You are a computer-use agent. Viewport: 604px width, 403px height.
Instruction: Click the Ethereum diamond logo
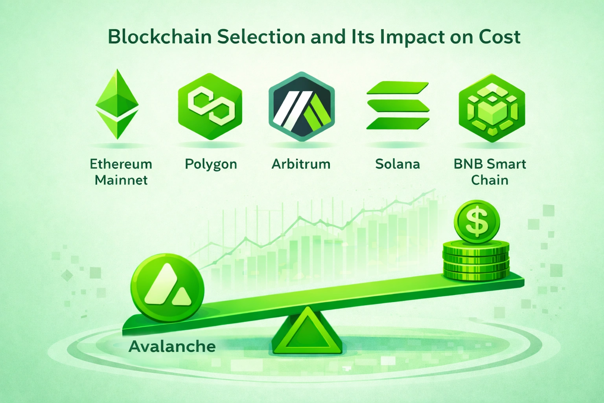click(x=117, y=104)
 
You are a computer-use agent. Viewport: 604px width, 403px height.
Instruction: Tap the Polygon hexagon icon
click(x=210, y=106)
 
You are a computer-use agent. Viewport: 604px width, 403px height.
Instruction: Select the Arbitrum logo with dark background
click(x=301, y=107)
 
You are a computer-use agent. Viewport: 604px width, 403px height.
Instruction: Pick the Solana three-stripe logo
click(x=398, y=105)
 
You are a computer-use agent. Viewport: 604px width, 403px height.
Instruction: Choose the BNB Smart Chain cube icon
click(x=492, y=108)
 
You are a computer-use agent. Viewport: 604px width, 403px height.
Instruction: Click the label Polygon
click(x=211, y=164)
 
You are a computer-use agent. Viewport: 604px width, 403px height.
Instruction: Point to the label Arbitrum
click(x=301, y=164)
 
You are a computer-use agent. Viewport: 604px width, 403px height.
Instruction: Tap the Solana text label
click(x=397, y=164)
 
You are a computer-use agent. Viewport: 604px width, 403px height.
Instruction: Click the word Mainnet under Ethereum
click(x=121, y=180)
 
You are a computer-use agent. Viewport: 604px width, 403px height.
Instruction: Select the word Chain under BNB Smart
click(x=490, y=180)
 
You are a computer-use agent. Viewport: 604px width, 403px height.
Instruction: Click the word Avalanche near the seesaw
click(x=172, y=347)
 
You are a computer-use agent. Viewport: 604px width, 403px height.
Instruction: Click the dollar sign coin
click(x=477, y=221)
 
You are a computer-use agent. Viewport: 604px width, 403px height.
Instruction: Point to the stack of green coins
click(x=476, y=262)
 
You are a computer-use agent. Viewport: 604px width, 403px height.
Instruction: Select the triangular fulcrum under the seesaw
click(x=306, y=333)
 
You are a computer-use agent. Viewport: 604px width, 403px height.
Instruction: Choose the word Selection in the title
click(x=261, y=37)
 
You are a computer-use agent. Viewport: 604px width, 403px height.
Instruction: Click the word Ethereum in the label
click(x=121, y=164)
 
